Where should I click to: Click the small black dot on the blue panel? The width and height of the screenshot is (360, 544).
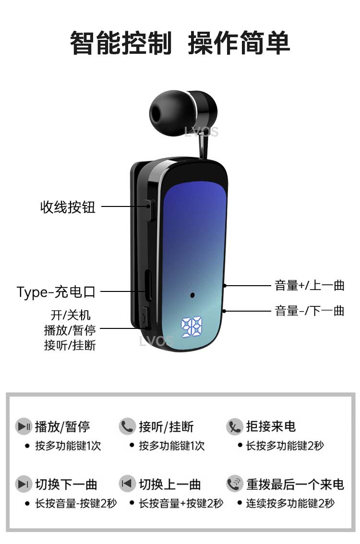point(192,295)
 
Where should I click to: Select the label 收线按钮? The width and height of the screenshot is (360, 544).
point(68,207)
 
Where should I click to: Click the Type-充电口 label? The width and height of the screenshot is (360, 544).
point(56,291)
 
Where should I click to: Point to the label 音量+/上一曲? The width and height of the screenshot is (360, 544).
point(310,285)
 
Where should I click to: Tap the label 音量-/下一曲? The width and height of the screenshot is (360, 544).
point(310,311)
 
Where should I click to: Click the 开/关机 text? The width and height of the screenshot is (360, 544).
point(71,315)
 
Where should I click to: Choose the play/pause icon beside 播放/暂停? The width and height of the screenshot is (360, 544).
point(24,426)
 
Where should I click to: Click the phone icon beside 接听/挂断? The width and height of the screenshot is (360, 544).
point(127,426)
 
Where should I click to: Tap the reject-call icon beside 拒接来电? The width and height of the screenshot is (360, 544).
point(235,426)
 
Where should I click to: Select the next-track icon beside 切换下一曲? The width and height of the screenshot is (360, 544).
point(24,484)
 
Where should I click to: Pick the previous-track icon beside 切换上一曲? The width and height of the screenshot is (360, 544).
point(127,484)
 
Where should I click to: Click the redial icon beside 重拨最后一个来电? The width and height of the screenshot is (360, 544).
point(235,484)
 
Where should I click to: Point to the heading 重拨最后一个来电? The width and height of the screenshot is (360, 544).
point(295,484)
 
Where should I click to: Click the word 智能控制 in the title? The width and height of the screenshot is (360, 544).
point(121,43)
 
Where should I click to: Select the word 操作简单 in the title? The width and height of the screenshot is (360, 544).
point(239,43)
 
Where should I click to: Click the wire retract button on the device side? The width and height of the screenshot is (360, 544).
point(148,210)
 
